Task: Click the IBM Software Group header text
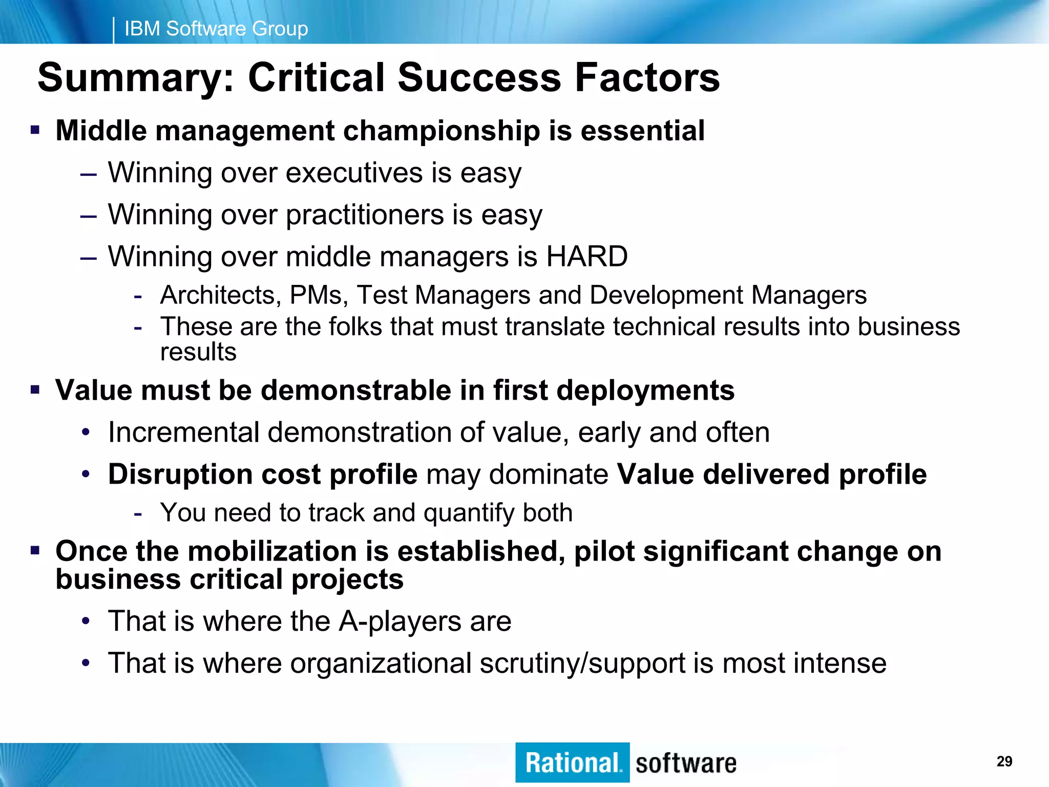216,29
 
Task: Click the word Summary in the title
135,78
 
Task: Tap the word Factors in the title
647,78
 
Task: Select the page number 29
1004,761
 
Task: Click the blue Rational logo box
572,762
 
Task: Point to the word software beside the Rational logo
686,763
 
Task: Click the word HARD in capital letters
587,256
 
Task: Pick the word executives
354,173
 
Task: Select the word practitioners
364,215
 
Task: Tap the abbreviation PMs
318,296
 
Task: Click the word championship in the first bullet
441,131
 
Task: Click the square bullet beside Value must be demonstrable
35,390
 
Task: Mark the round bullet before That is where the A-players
86,622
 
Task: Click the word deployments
645,390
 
